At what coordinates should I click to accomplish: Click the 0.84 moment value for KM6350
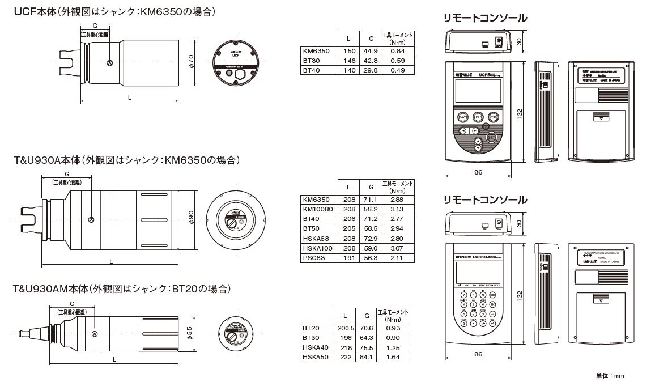click(398, 51)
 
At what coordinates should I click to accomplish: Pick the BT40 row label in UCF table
click(312, 70)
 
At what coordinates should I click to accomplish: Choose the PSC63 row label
click(314, 257)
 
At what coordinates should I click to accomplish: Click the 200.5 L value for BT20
click(345, 328)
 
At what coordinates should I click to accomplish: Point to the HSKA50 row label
click(315, 357)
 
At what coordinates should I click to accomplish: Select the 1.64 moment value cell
click(392, 357)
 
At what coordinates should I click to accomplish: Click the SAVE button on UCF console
click(462, 116)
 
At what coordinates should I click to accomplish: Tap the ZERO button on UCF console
click(494, 116)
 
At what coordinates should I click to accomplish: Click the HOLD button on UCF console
click(478, 116)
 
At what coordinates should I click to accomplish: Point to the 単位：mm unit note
click(610, 375)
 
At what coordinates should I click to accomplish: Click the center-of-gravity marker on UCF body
click(110, 63)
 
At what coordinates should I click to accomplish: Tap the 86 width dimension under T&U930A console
click(478, 354)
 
